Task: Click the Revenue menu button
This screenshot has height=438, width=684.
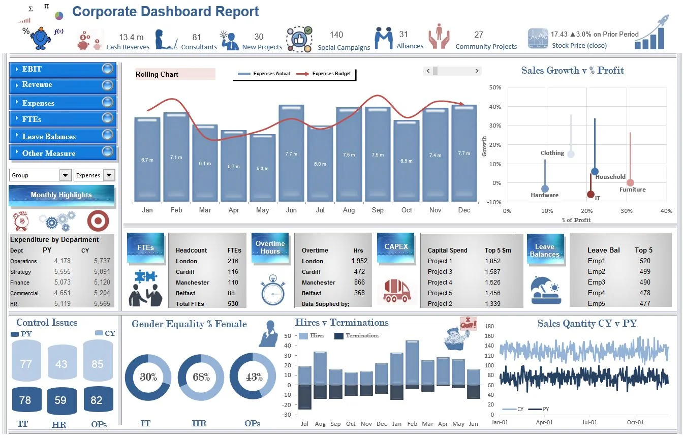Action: click(x=62, y=85)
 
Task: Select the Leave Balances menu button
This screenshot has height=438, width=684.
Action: click(x=62, y=137)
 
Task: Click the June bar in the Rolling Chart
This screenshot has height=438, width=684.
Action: click(x=291, y=152)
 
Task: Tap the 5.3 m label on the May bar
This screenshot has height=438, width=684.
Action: click(x=262, y=168)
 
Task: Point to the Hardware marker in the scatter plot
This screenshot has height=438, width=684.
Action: click(x=545, y=189)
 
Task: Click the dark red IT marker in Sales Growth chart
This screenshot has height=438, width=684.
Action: click(x=590, y=194)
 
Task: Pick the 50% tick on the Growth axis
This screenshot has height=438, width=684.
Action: click(x=495, y=87)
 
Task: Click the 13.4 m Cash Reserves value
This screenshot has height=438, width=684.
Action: click(x=131, y=37)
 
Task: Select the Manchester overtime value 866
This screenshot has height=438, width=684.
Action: click(x=359, y=282)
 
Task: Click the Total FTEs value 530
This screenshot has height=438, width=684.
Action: click(x=233, y=303)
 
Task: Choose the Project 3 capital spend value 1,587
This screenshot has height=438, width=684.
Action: click(x=492, y=271)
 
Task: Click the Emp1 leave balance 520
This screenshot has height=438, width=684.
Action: click(x=645, y=261)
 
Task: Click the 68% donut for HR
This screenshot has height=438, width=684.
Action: click(x=201, y=378)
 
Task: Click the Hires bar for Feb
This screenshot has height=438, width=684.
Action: click(x=412, y=362)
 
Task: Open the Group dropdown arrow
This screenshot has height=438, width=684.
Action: click(x=65, y=175)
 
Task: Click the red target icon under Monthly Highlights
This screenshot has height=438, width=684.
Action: click(x=98, y=221)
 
